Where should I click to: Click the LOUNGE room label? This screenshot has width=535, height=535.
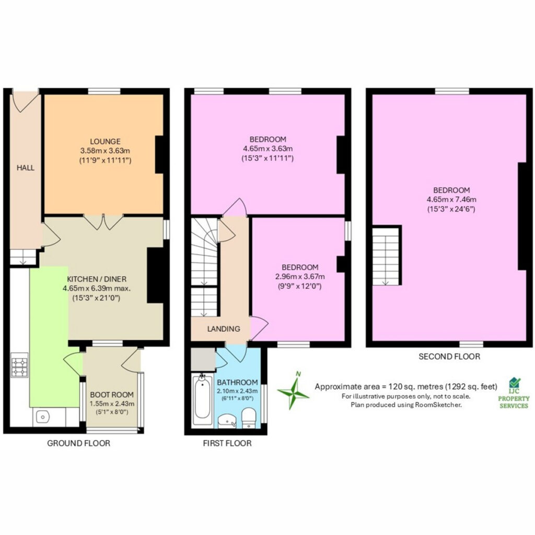(105, 141)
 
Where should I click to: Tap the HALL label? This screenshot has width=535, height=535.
(26, 168)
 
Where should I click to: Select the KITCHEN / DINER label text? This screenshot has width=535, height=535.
(97, 279)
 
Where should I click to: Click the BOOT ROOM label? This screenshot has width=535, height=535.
(112, 395)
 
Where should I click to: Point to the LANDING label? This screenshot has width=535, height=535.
(224, 329)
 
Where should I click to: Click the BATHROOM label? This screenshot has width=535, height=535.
(237, 382)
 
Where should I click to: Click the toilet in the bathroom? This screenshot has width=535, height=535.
(249, 418)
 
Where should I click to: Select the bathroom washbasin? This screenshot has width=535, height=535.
(227, 421)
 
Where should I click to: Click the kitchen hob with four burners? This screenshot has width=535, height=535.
(19, 365)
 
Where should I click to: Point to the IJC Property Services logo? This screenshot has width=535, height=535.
(514, 393)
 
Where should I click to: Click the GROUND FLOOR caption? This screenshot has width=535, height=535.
(78, 443)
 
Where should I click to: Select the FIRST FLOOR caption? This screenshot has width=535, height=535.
(227, 443)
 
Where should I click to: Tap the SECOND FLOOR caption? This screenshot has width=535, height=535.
(449, 356)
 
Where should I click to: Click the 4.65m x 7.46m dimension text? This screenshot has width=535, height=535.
(451, 200)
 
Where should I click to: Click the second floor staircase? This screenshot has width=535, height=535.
(386, 256)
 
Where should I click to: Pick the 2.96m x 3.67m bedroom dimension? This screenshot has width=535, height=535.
(300, 277)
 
